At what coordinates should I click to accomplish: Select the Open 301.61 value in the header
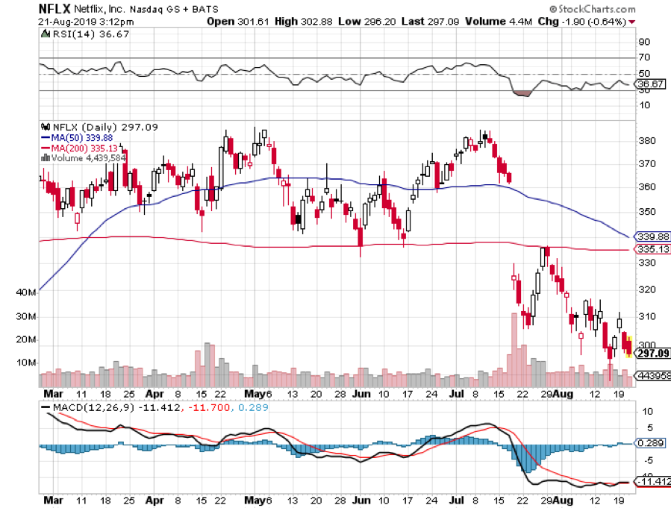point(231,22)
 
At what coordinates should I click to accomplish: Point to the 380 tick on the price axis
point(646,141)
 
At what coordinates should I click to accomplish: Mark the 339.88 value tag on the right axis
point(649,236)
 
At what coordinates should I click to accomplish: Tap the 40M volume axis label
point(25,292)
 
